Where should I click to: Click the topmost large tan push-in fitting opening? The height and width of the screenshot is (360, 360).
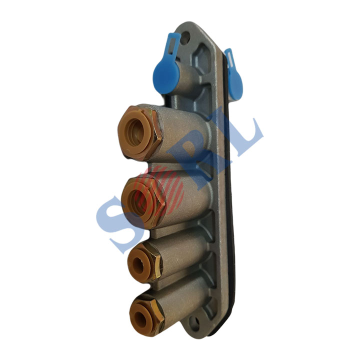coord(135,132)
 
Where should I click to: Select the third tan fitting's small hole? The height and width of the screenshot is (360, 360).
coord(138,264)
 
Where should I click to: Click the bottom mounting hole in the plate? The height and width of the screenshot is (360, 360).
coord(193,321)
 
